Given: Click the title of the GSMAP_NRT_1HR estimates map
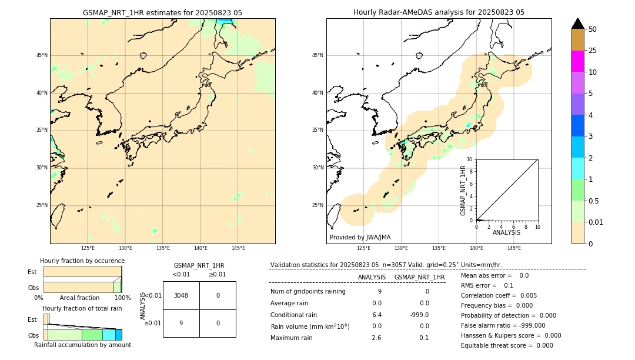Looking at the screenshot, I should click(x=162, y=12).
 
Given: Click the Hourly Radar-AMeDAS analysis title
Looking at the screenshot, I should click(x=439, y=12).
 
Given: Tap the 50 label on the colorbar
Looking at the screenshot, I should click(x=593, y=29).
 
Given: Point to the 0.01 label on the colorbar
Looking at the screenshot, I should click(x=596, y=222).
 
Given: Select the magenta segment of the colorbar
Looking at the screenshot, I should click(x=577, y=61).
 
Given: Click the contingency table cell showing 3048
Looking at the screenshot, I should click(x=181, y=295).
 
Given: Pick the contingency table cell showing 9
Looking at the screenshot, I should click(x=181, y=323).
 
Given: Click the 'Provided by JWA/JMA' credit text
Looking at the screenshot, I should click(x=360, y=238).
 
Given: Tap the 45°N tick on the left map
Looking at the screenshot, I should click(x=42, y=55).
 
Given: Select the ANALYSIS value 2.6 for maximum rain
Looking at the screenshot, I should click(x=376, y=338).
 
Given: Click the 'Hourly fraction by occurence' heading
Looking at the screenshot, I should click(x=82, y=261).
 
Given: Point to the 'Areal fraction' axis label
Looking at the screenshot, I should click(x=79, y=298).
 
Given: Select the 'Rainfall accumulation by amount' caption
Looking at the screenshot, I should click(x=82, y=345).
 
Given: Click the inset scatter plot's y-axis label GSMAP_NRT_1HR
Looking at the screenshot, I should click(x=463, y=190).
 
